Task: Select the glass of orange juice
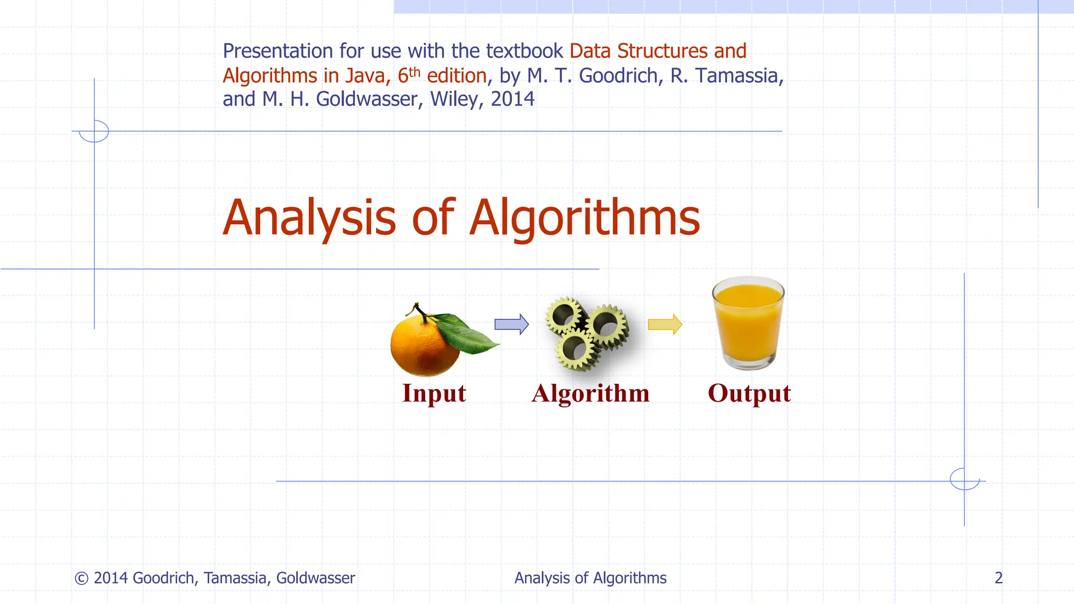pyautogui.click(x=748, y=322)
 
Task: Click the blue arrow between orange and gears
pyautogui.click(x=511, y=325)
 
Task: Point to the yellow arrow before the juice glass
pyautogui.click(x=664, y=325)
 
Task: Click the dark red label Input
pyautogui.click(x=434, y=394)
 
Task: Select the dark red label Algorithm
pyautogui.click(x=590, y=394)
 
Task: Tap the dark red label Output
pyautogui.click(x=749, y=394)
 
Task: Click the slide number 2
pyautogui.click(x=998, y=578)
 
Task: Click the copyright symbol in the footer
pyautogui.click(x=81, y=578)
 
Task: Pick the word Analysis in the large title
pyautogui.click(x=309, y=218)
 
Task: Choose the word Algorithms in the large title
pyautogui.click(x=584, y=218)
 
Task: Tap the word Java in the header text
pyautogui.click(x=365, y=76)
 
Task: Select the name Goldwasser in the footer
pyautogui.click(x=315, y=578)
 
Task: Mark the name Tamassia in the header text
pyautogui.click(x=736, y=76)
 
